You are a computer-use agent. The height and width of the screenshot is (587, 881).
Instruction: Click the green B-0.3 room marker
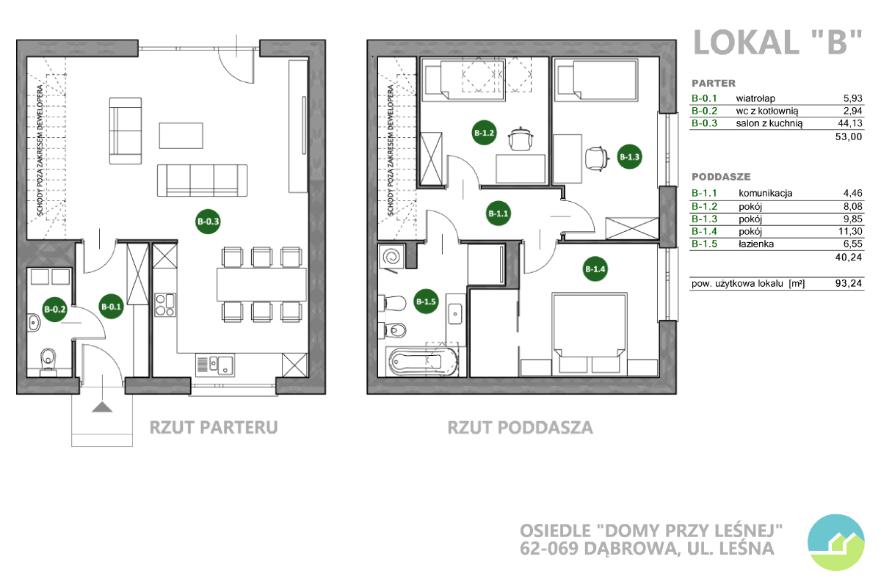(x=208, y=222)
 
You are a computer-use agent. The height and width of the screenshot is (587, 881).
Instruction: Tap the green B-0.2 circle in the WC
(x=54, y=310)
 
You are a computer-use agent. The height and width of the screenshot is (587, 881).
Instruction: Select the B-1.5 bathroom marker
(x=426, y=302)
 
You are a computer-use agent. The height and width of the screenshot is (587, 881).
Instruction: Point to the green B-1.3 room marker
(x=629, y=157)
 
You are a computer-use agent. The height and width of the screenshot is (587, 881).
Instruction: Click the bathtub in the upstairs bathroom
(x=423, y=361)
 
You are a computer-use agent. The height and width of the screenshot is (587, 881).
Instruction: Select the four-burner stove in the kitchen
(x=165, y=305)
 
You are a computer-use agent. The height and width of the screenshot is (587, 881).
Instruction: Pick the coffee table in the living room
(x=181, y=136)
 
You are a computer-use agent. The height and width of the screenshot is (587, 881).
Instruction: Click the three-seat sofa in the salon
(x=202, y=181)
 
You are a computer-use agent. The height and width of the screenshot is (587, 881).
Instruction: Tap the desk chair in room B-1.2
(x=521, y=139)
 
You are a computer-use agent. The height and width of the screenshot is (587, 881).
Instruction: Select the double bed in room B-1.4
(x=589, y=334)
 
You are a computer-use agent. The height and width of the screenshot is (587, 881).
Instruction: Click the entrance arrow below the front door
(x=102, y=406)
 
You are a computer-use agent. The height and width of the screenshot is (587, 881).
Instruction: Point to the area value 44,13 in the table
(x=850, y=123)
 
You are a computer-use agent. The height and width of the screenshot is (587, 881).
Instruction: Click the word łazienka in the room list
(x=756, y=244)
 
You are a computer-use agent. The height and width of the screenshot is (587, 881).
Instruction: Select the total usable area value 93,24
(x=849, y=283)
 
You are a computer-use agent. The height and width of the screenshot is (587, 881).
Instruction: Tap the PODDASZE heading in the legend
(x=721, y=177)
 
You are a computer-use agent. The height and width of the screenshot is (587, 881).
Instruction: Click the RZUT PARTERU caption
(x=214, y=427)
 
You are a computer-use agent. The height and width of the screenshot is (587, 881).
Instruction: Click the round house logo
(x=835, y=542)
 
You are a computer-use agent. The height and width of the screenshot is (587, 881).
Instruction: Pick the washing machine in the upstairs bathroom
(x=391, y=258)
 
